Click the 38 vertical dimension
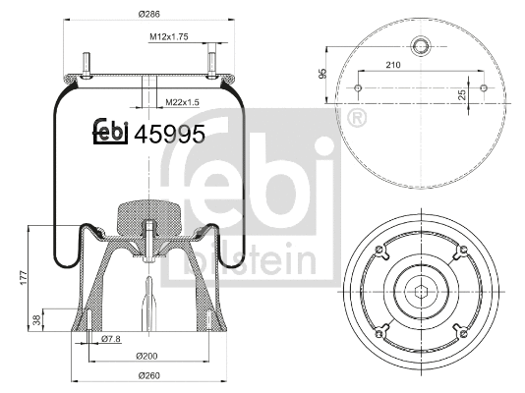(x=37, y=320)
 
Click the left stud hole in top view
(x=358, y=86)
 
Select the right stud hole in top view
(x=484, y=86)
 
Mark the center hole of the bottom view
(x=421, y=289)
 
